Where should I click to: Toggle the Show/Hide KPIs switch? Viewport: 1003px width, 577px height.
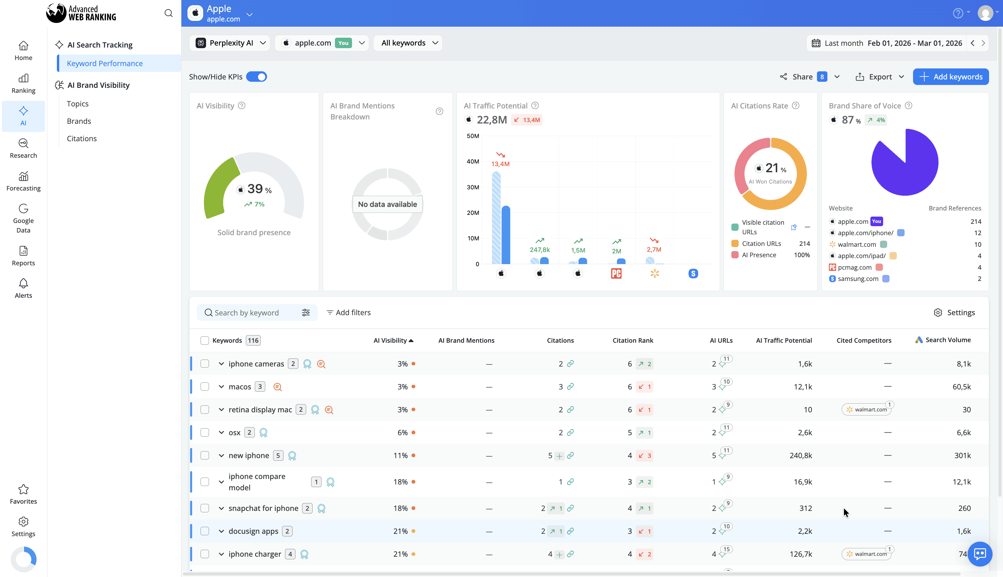[256, 77]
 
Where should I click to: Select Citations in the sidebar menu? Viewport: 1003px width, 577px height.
[82, 139]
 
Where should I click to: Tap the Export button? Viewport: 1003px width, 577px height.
[880, 77]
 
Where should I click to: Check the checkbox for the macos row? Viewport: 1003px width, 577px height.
[205, 387]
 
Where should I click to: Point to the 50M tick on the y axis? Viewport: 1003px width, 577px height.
[473, 136]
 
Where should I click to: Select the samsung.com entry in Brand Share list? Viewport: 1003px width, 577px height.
[858, 279]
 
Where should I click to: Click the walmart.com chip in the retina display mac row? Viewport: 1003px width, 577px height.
[867, 410]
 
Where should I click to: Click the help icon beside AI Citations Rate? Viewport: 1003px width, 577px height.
[795, 106]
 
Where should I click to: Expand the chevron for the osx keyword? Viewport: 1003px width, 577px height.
[221, 433]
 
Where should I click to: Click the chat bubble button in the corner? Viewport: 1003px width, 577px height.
[979, 554]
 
